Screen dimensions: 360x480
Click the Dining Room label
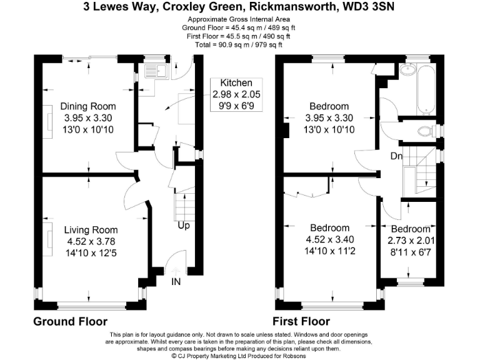point(88,106)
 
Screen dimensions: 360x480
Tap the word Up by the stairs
point(184,225)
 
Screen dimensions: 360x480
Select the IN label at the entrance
point(177,282)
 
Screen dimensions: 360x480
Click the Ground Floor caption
point(70,321)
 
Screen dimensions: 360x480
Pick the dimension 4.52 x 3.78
point(88,241)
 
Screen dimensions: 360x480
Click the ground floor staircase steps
point(182,204)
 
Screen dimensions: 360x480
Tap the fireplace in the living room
point(47,234)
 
